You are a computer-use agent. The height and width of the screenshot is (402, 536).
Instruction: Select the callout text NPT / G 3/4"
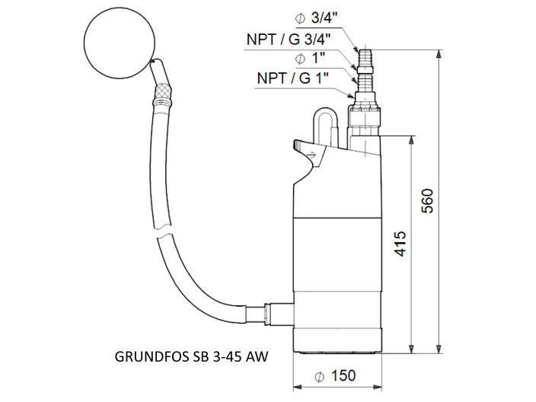[x=289, y=39]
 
